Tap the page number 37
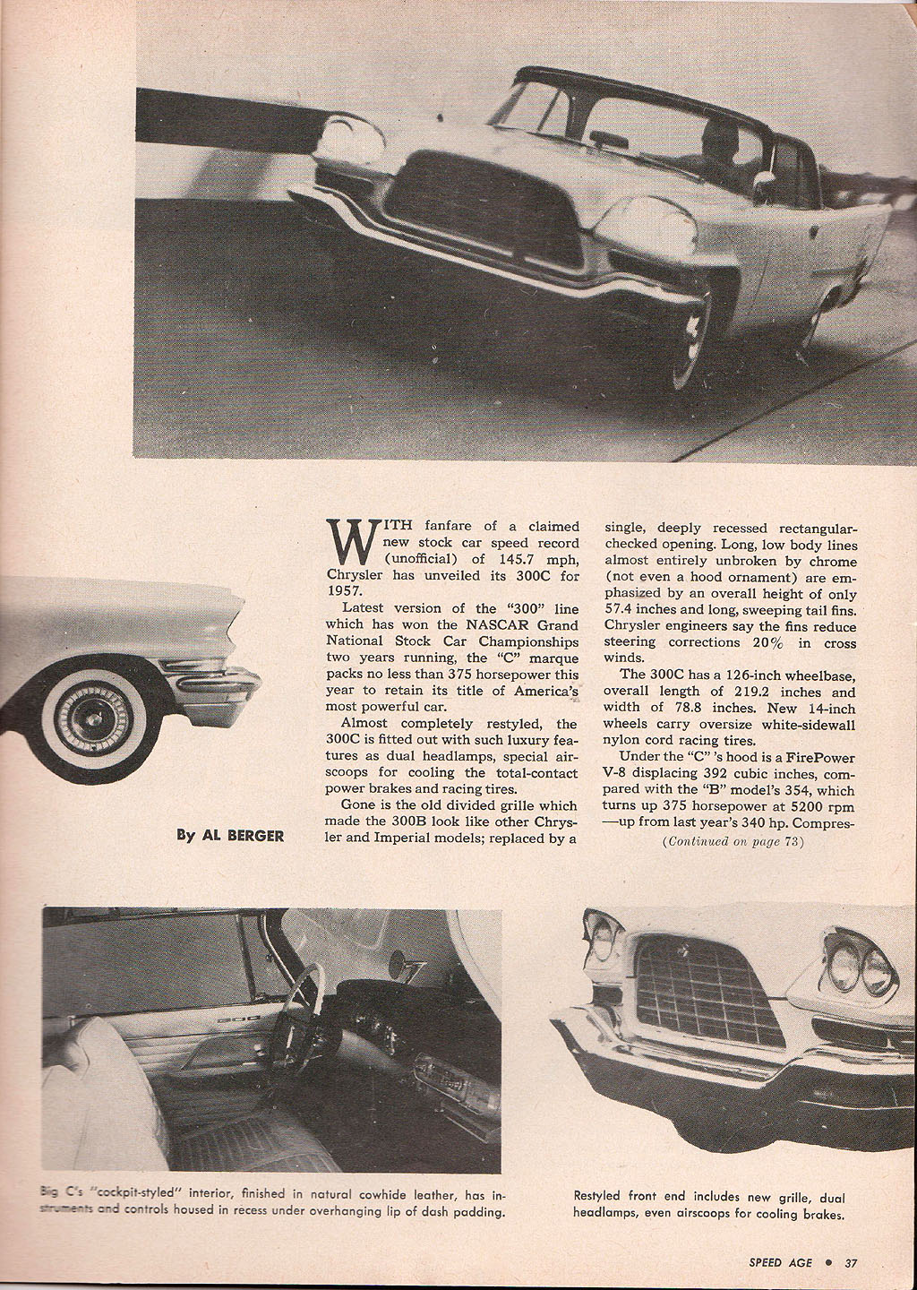[x=851, y=1263]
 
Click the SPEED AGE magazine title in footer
[x=781, y=1263]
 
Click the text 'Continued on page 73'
[x=733, y=842]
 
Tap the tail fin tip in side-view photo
[x=238, y=598]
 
